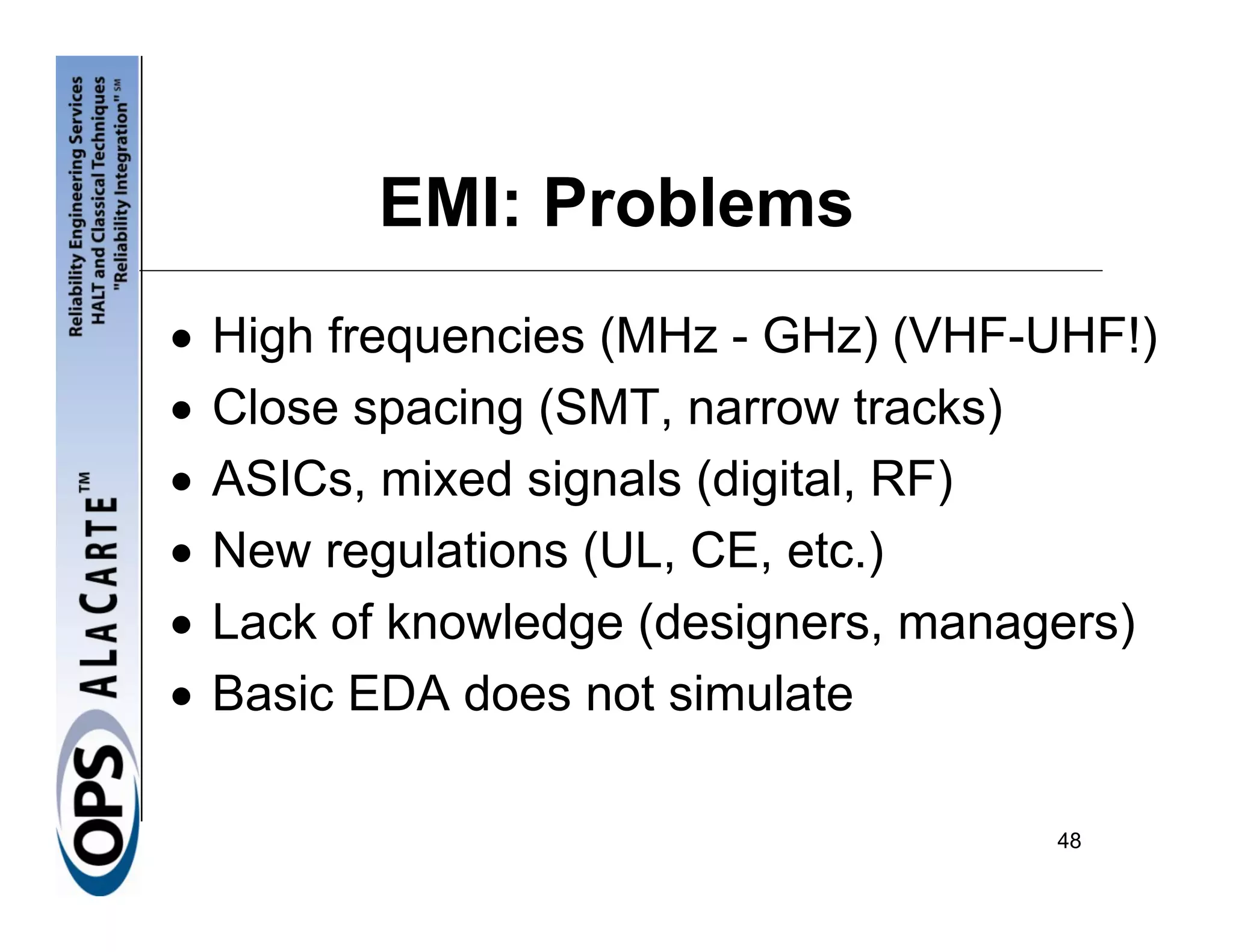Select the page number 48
coord(1069,841)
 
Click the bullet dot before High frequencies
coord(181,339)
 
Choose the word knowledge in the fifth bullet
coord(505,623)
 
